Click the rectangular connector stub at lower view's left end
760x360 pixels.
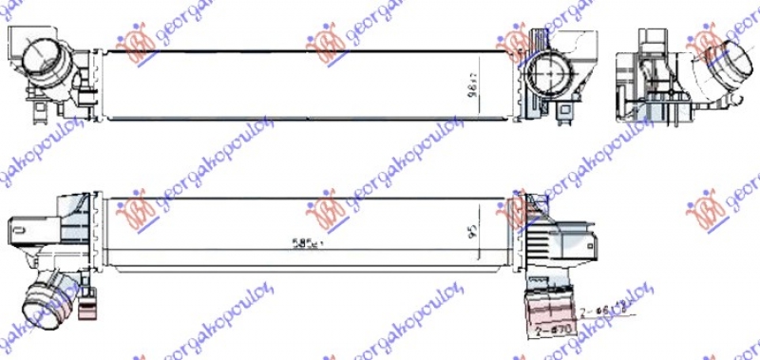[x=21, y=228]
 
